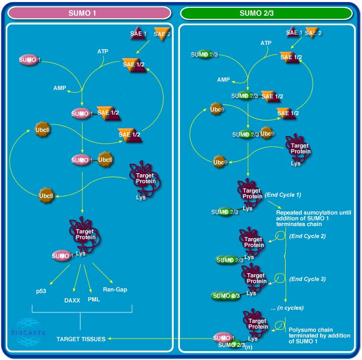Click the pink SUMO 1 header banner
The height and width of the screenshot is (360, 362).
click(89, 13)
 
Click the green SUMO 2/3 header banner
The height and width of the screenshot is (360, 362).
click(266, 13)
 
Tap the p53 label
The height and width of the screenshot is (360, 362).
click(41, 290)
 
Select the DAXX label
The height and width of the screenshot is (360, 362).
click(72, 300)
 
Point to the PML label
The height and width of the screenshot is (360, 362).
click(94, 299)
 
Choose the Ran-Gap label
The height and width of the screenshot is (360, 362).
click(115, 289)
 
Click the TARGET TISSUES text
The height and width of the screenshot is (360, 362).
click(81, 339)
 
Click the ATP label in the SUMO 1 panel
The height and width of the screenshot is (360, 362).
click(103, 51)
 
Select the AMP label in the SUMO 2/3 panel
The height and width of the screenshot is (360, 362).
click(223, 80)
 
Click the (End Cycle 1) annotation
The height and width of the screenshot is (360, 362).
click(283, 195)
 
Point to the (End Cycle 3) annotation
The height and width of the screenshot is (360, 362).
click(308, 279)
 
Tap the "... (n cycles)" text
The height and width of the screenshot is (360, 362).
click(287, 308)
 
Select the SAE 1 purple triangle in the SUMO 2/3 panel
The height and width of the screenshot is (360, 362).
click(293, 33)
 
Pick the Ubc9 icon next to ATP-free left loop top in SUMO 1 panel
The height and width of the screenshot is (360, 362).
click(42, 130)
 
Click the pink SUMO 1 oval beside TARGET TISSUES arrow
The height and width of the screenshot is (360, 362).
click(224, 337)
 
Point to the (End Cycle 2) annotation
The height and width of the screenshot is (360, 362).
click(308, 236)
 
